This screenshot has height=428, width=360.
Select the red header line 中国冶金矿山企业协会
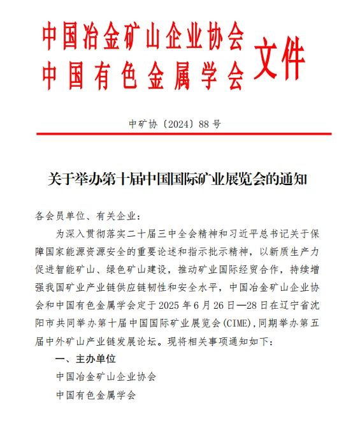[143, 38]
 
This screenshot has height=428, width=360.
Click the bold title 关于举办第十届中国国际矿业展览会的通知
[178, 179]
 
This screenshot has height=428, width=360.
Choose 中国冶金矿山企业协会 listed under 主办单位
[106, 377]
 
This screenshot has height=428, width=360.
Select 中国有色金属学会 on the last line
[96, 395]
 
